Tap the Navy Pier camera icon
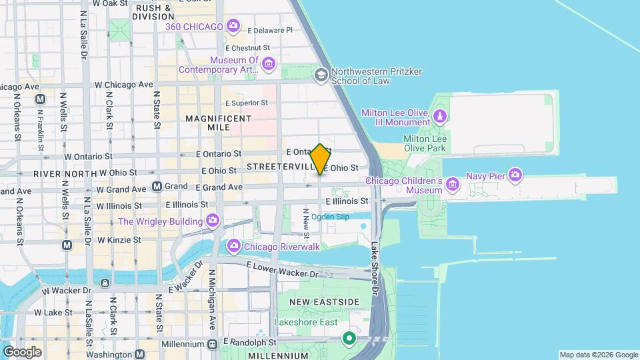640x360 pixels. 515,175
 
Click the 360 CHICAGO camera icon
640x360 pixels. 233,27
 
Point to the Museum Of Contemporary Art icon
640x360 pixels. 268,64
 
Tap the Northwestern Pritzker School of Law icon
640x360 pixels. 321,75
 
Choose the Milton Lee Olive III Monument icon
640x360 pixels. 439,117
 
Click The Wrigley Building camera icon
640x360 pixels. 213,221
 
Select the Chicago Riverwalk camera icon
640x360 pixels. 233,247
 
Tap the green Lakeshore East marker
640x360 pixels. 348,338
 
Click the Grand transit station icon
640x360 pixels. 157,187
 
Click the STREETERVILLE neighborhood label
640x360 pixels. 279,165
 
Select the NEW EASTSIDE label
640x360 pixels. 325,302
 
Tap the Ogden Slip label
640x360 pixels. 331,217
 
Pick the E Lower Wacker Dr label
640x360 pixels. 283,269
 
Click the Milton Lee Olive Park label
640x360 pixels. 425,143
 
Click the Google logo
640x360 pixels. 22,351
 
